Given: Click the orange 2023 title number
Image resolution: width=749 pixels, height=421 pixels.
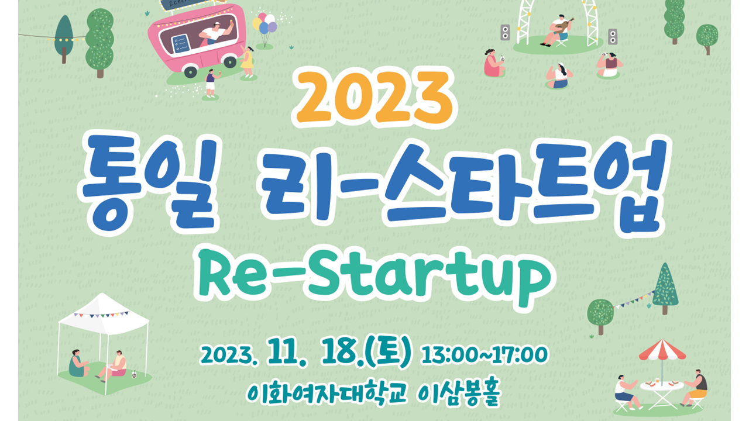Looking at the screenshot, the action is (x=374, y=97).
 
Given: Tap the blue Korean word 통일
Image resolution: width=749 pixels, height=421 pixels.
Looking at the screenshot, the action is (x=149, y=184).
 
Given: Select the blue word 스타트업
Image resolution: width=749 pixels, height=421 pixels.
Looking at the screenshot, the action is (x=524, y=185).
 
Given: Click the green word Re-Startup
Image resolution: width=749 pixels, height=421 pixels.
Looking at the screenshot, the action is (x=374, y=277).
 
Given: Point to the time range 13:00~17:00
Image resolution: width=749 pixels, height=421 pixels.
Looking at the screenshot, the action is (x=485, y=355).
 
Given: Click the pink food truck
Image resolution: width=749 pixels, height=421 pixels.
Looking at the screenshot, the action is (x=198, y=39).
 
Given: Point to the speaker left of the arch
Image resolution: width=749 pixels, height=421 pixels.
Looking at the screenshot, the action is (x=505, y=32).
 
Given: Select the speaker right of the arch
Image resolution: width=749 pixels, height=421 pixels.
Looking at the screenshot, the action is (x=613, y=36).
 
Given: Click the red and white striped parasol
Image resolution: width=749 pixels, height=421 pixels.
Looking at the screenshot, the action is (x=662, y=351).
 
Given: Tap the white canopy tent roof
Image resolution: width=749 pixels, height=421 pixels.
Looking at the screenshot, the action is (x=104, y=314).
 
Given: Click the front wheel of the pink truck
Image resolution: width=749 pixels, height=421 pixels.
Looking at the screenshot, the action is (x=190, y=71).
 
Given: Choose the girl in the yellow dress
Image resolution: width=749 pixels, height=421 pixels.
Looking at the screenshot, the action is (x=247, y=63).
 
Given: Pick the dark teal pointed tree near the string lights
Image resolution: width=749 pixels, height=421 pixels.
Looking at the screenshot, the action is (x=64, y=39).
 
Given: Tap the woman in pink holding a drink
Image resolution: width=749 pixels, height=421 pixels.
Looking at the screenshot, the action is (x=494, y=63).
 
